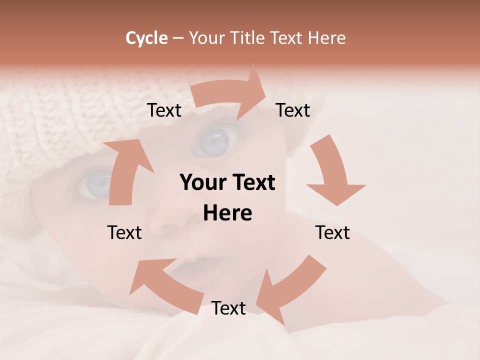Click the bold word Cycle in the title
(x=146, y=38)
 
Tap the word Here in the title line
(x=326, y=38)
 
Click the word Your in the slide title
(x=207, y=38)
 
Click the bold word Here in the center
(x=227, y=213)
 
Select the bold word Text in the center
(x=251, y=183)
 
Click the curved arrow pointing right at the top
(x=230, y=92)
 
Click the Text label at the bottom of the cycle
(x=228, y=308)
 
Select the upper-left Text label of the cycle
(x=164, y=110)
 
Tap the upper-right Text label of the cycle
(x=292, y=110)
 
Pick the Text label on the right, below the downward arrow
(x=332, y=232)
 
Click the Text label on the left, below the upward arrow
(x=124, y=232)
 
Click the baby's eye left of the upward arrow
(x=95, y=183)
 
